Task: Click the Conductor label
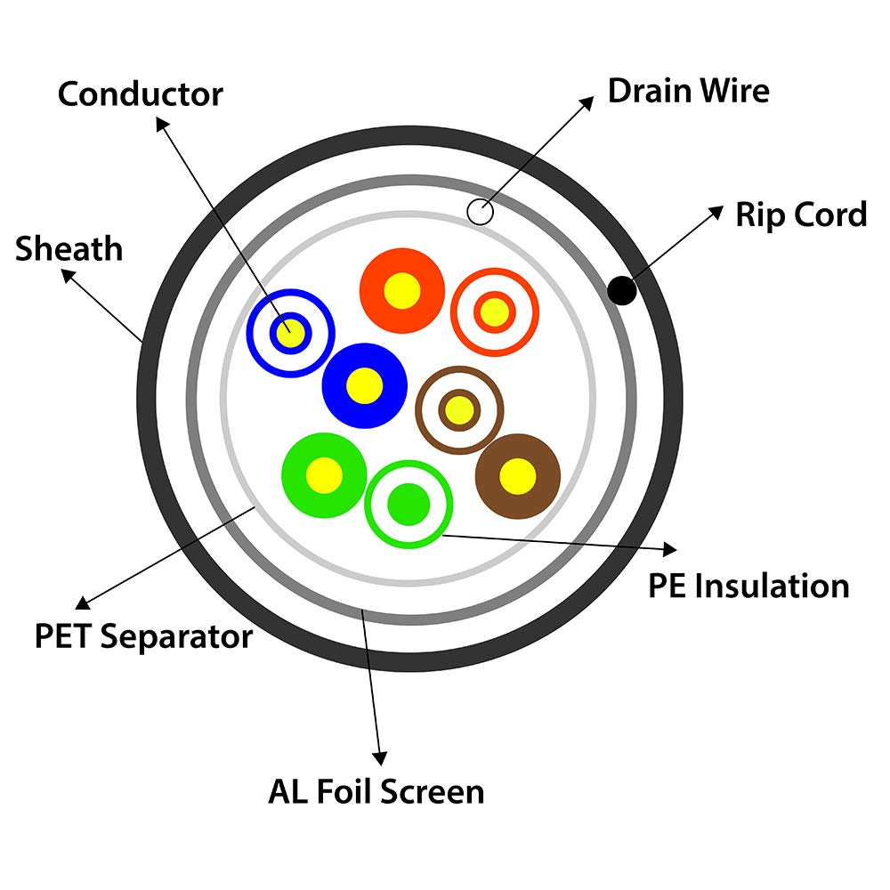point(140,93)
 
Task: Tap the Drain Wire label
point(688,91)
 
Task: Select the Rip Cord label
point(800,214)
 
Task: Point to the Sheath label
point(69,248)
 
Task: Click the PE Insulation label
point(748,586)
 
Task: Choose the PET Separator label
point(143,637)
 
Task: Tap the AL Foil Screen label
point(376,791)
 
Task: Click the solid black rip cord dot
point(620,290)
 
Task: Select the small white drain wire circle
point(480,212)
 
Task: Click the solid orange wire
point(401,290)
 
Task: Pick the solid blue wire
point(364,385)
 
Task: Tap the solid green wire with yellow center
point(324,474)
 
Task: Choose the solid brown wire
point(517,476)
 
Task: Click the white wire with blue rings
point(290,333)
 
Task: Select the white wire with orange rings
point(495,311)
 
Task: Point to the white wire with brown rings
point(459,409)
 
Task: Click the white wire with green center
point(409,504)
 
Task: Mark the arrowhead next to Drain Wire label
point(587,102)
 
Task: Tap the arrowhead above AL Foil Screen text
point(380,757)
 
